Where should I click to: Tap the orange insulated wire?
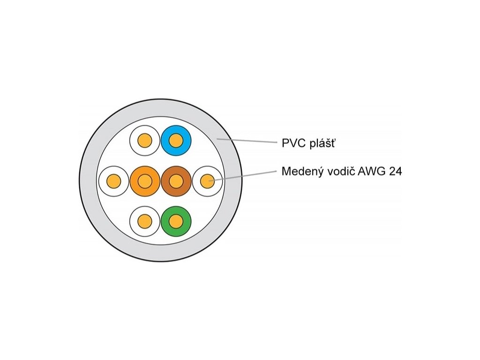137,180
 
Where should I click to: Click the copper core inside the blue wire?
175,140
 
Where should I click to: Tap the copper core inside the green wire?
175,221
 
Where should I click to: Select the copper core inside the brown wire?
176,180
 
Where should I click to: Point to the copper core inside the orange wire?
145,180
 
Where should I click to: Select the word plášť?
322,143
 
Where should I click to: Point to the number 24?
395,171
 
